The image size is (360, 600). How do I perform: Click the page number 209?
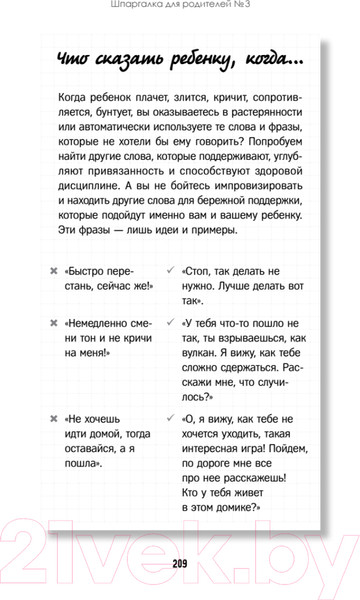pos(180,561)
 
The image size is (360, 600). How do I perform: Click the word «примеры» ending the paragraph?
pos(212,232)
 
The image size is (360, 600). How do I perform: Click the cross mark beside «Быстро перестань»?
pos(53,271)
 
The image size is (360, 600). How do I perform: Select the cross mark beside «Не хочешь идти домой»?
pos(53,419)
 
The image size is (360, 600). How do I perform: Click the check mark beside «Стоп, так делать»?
pos(173,271)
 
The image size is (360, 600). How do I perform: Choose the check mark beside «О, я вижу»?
pos(173,419)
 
